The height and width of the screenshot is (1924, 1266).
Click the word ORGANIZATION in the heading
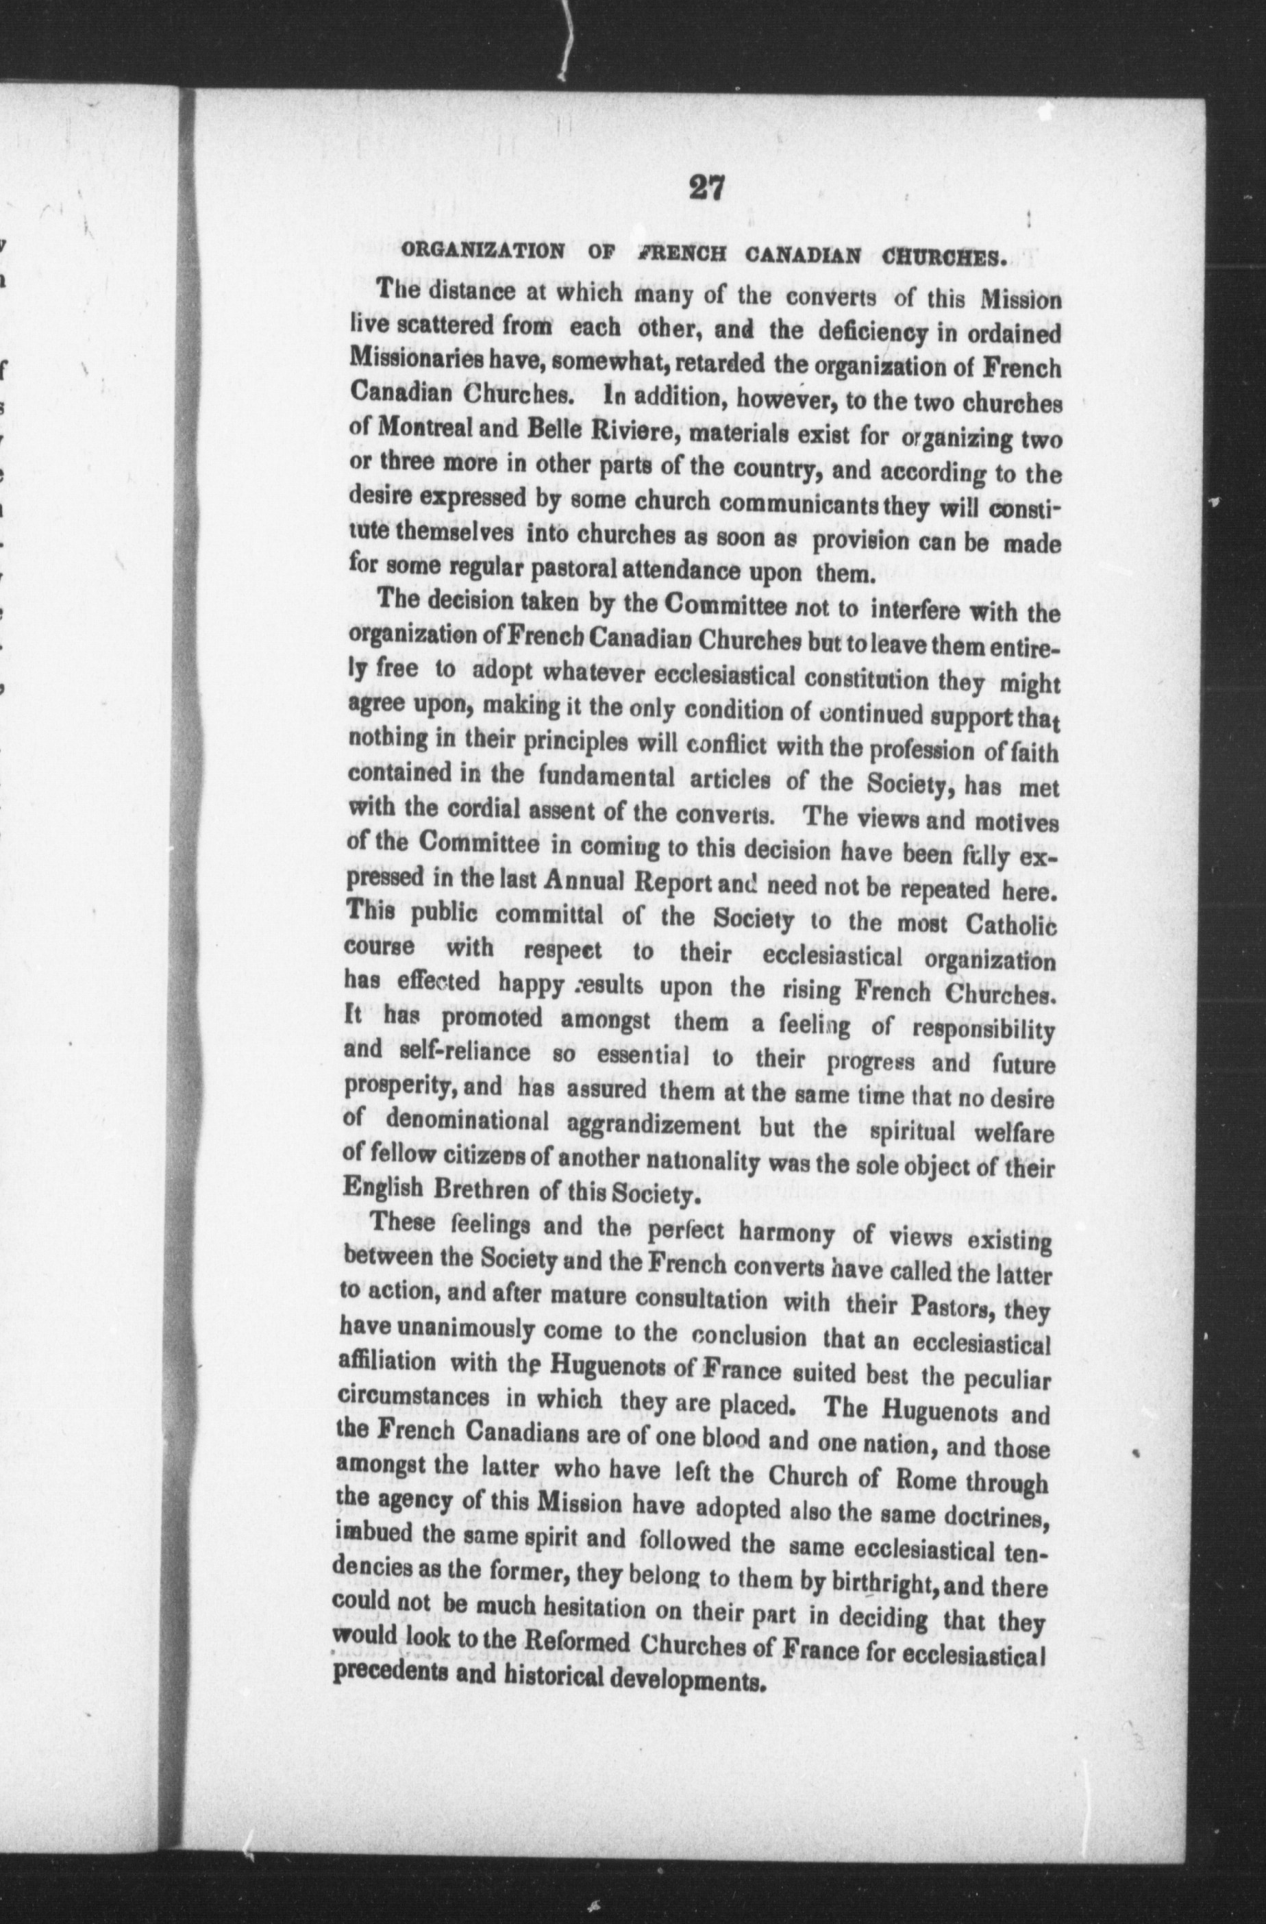click(484, 251)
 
